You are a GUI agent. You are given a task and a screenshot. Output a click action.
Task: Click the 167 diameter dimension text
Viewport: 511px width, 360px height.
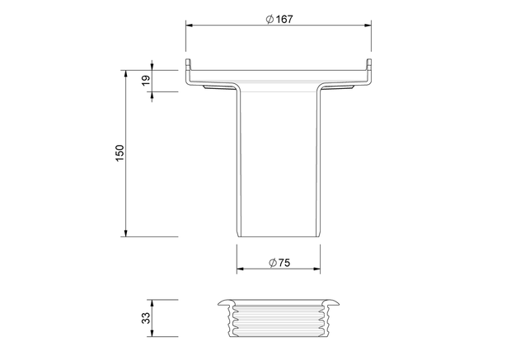[284, 20]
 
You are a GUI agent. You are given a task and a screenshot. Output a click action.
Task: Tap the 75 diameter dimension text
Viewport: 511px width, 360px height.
[284, 263]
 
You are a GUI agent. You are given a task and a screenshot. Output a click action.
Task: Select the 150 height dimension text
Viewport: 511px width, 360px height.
[120, 152]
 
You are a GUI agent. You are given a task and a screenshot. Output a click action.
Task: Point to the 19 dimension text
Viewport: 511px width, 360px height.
[147, 80]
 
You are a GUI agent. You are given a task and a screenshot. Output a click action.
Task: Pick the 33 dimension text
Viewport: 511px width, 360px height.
[147, 318]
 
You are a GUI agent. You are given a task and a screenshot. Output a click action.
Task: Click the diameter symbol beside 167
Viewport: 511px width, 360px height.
[270, 20]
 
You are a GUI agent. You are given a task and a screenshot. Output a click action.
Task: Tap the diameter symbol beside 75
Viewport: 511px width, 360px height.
[273, 263]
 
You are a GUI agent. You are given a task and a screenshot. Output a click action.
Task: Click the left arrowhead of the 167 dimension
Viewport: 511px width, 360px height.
[190, 26]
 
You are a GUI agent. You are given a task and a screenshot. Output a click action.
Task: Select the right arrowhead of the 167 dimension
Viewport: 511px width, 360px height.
[368, 26]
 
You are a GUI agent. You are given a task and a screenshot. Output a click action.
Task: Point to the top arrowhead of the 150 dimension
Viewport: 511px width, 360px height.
[126, 73]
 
